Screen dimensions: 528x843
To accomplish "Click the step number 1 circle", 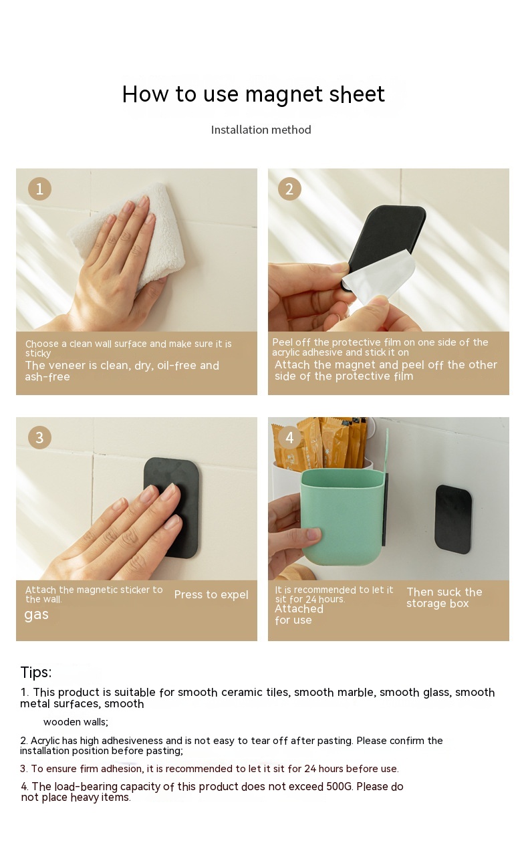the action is (39, 189).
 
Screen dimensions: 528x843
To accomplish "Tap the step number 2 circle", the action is (289, 189).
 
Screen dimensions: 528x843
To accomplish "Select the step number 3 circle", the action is (39, 437).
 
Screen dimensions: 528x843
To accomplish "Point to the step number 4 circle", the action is (289, 437).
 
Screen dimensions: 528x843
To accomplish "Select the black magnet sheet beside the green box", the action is (453, 519).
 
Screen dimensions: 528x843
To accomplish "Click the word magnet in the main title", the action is (283, 94).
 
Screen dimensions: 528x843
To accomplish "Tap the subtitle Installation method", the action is (261, 130).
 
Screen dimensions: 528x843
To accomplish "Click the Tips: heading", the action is (35, 672).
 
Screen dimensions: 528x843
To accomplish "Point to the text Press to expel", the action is (211, 594).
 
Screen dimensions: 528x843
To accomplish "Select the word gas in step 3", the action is (37, 615).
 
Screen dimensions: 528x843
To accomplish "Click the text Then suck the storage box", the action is (444, 598).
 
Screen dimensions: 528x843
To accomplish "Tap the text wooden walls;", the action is (76, 722).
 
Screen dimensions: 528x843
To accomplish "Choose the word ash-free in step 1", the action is (47, 377).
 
